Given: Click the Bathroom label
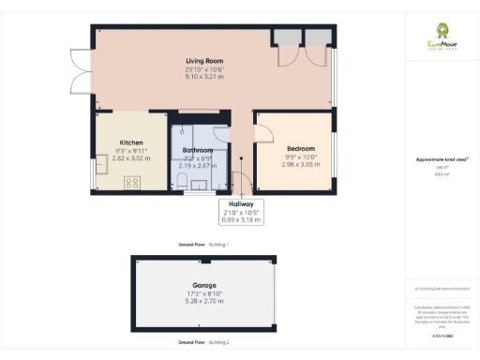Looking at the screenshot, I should tap(197, 150).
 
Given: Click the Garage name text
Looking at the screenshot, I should tap(204, 285).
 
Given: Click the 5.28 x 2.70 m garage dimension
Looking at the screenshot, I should tap(204, 302).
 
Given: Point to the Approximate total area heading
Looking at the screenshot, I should tap(436, 160).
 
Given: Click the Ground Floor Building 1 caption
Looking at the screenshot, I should tap(203, 244).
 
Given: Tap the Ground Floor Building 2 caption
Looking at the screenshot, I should tap(203, 343).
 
